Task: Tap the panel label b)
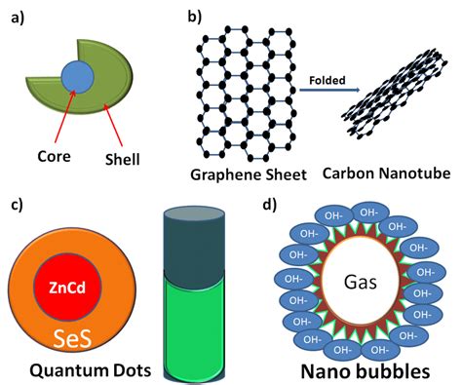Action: tap(193, 15)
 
